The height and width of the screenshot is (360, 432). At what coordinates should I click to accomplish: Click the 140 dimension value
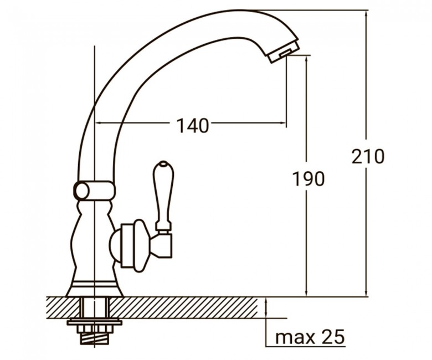click(192, 126)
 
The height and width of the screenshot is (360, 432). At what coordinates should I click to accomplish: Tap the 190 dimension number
click(308, 178)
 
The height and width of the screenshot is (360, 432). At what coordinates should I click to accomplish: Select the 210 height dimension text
click(368, 156)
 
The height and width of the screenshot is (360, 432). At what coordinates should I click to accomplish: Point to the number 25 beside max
click(335, 336)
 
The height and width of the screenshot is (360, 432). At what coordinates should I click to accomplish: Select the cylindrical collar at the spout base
click(94, 191)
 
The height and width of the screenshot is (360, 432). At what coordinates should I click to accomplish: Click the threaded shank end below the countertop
click(94, 338)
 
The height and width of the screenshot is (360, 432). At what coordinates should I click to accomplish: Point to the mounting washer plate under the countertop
click(95, 322)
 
